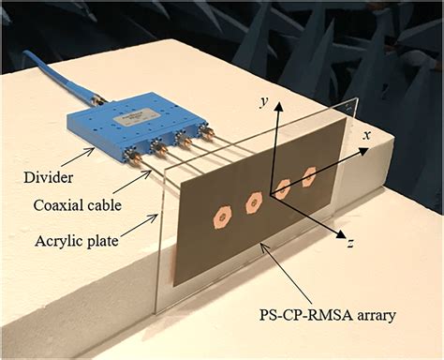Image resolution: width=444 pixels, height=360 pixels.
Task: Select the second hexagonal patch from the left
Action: click(x=252, y=200)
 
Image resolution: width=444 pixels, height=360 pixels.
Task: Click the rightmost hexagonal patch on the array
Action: click(x=309, y=175)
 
